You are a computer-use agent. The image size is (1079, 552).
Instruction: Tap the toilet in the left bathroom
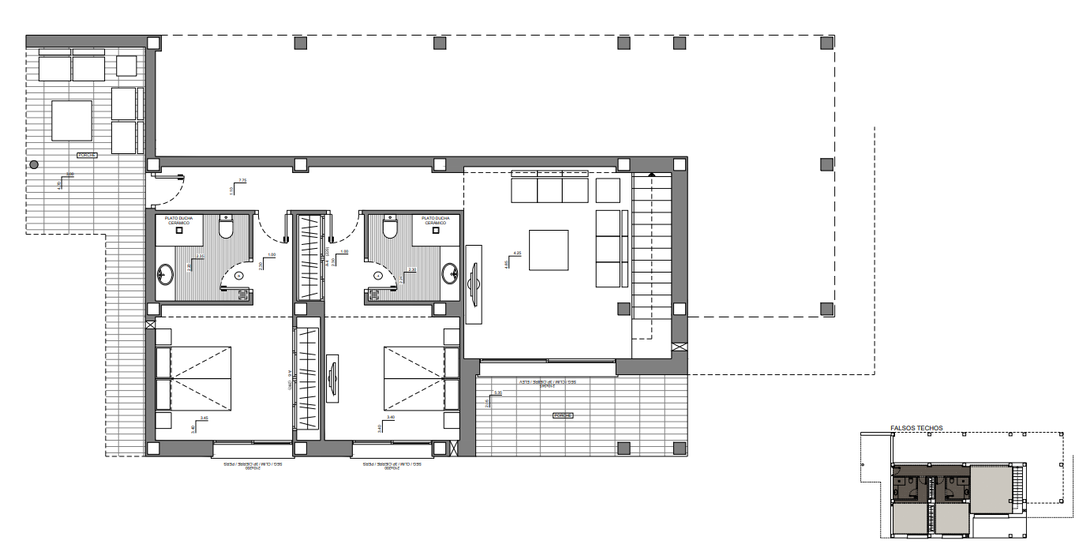(227, 229)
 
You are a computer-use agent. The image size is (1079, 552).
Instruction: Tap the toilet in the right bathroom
(391, 229)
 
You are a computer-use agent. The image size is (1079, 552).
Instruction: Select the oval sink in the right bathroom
(452, 271)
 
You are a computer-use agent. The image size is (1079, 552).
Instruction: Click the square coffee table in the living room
(548, 250)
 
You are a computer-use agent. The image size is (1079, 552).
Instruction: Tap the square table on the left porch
(69, 121)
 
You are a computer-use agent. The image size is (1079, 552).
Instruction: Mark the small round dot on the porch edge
(34, 164)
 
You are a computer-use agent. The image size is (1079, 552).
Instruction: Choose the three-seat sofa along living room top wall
(548, 187)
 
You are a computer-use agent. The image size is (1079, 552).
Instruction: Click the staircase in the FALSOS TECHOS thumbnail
(1017, 490)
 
